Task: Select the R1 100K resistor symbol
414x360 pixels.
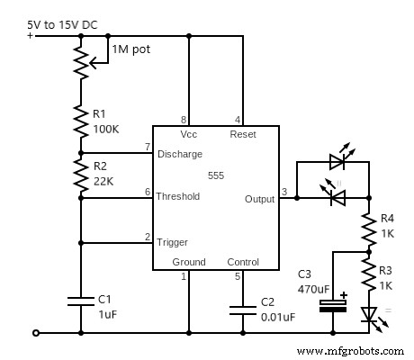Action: tap(81, 116)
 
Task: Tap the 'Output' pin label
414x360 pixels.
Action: tap(259, 199)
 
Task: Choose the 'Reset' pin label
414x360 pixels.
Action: tap(243, 134)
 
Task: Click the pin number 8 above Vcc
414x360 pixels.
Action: tap(184, 119)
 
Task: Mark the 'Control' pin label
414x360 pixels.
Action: tap(242, 262)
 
